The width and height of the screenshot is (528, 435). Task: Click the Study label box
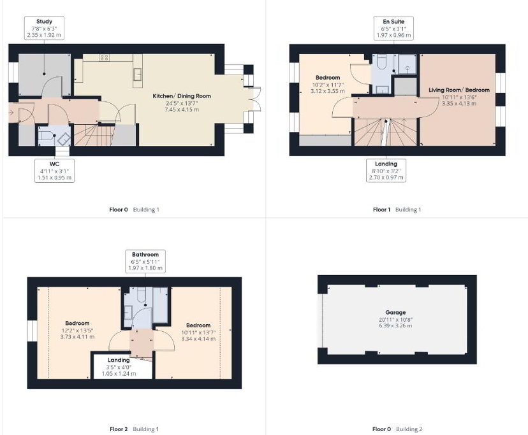[x=44, y=29]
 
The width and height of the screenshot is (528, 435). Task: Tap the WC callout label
[x=54, y=171]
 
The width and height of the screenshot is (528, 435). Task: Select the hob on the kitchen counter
[x=105, y=58]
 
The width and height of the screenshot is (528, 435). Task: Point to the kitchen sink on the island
[x=137, y=75]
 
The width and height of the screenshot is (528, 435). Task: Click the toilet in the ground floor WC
[x=45, y=135]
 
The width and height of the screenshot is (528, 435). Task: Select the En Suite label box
[x=393, y=29]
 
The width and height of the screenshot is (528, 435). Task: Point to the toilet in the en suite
[x=381, y=62]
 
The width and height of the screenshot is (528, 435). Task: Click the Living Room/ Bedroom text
[x=458, y=90]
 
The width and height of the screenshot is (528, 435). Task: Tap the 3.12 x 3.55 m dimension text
[x=328, y=91]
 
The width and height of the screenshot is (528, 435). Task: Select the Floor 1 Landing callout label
[x=386, y=171]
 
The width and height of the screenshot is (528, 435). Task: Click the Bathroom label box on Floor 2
[x=145, y=261]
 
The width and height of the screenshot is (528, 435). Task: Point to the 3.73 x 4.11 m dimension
[x=77, y=336]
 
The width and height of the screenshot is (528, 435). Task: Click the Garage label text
[x=395, y=313]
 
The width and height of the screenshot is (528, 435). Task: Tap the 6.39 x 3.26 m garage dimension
[x=395, y=325]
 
